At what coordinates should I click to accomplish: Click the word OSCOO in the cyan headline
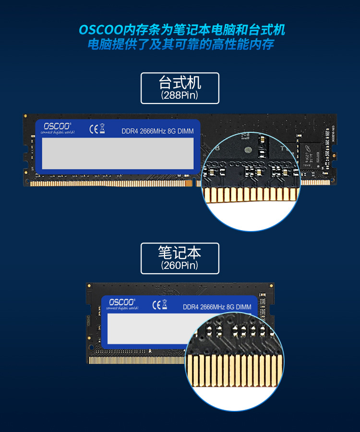(101, 30)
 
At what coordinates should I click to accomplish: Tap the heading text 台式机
(180, 82)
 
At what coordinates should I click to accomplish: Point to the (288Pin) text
(180, 95)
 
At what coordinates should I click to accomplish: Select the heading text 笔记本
(180, 253)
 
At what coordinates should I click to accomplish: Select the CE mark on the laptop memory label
(156, 304)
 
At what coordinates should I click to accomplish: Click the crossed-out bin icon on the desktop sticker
(102, 129)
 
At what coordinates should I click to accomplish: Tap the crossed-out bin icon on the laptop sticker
(164, 304)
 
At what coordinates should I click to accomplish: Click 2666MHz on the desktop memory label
(153, 131)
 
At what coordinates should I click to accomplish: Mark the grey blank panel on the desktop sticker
(118, 153)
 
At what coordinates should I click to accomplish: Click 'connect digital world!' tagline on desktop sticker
(57, 133)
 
